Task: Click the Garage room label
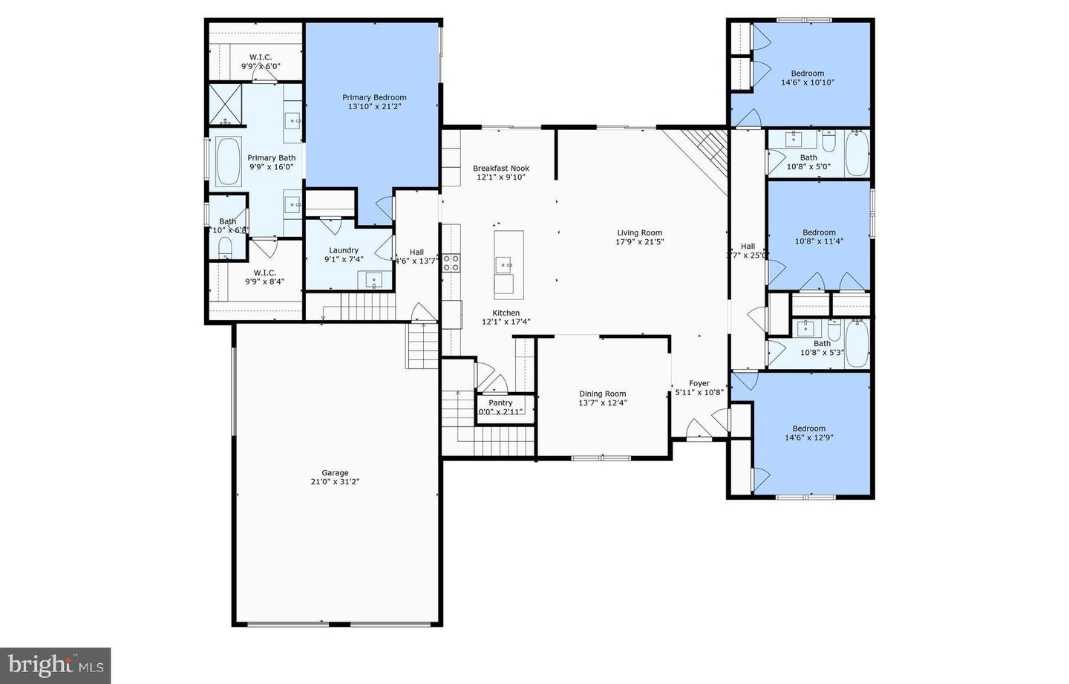pos(335,473)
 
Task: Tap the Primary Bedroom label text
pos(374,97)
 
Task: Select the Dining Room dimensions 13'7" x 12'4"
pos(602,403)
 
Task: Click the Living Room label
pos(639,232)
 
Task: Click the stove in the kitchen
pos(451,262)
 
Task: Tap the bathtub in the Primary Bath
pos(228,160)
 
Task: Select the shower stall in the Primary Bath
pos(226,104)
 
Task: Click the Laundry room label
pos(344,250)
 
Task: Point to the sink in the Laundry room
pos(373,280)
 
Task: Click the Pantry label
pos(500,403)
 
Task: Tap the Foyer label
pos(699,383)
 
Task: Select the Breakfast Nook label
pos(501,169)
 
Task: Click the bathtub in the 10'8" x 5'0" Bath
pos(857,154)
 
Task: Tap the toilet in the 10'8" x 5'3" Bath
pos(834,329)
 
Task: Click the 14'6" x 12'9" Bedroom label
pos(808,429)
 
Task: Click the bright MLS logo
pos(56,664)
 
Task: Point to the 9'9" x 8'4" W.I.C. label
pos(265,273)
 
